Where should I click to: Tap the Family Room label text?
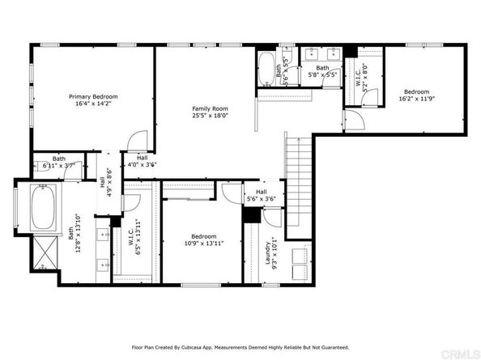(209, 108)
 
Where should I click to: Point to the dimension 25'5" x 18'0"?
(209, 115)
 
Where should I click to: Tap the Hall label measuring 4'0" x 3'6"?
(142, 161)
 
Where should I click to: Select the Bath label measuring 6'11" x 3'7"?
(58, 162)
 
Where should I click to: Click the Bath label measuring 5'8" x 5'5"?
(322, 70)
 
